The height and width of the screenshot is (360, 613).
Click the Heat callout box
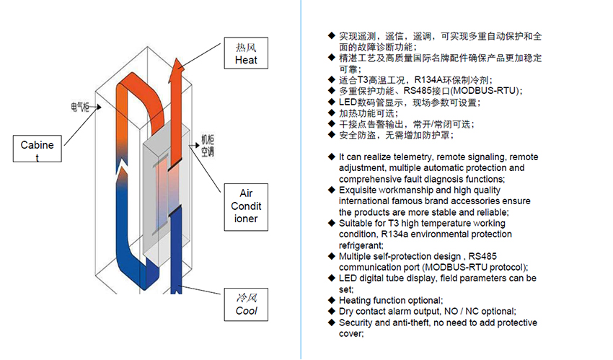tap(246, 53)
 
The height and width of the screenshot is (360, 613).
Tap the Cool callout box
tap(246, 304)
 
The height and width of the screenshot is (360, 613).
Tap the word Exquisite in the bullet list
tap(359, 190)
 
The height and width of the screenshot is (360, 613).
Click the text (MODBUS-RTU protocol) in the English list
tap(465, 267)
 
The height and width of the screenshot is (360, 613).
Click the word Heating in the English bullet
tap(356, 300)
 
